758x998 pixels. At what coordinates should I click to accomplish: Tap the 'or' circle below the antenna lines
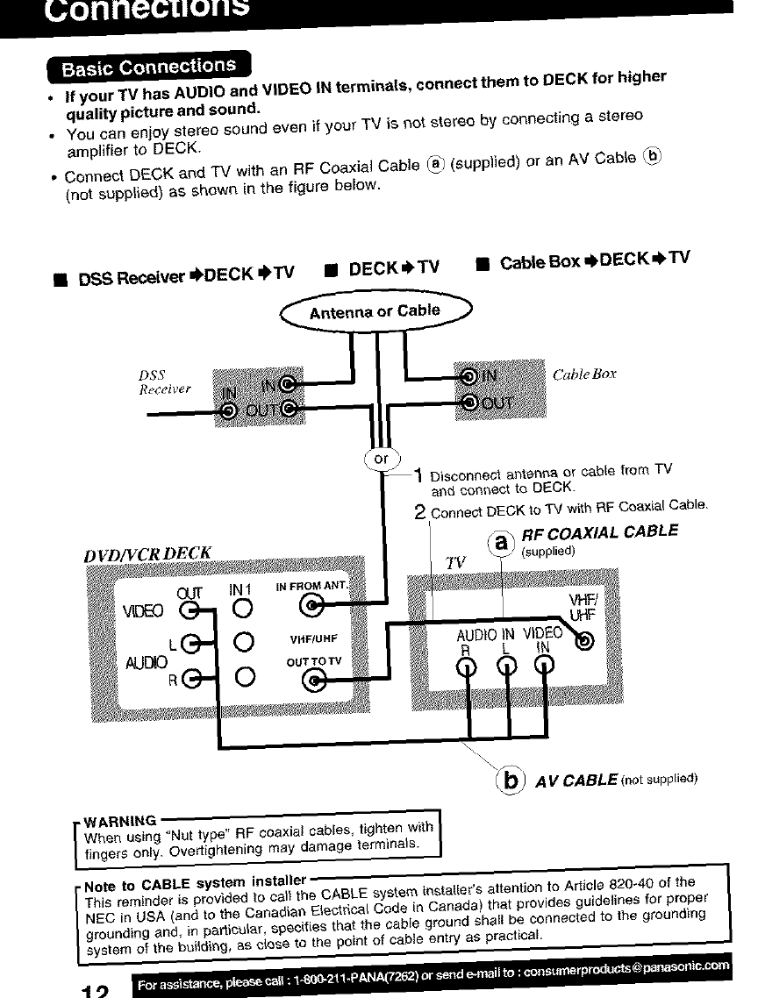click(381, 459)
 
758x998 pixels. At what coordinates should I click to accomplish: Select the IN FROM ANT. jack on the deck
click(313, 603)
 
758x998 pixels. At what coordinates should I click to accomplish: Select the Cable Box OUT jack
click(469, 403)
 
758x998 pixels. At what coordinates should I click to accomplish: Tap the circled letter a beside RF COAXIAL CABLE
click(501, 544)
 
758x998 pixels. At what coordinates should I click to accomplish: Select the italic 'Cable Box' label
click(584, 374)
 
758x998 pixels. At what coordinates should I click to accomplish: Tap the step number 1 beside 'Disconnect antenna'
click(419, 475)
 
